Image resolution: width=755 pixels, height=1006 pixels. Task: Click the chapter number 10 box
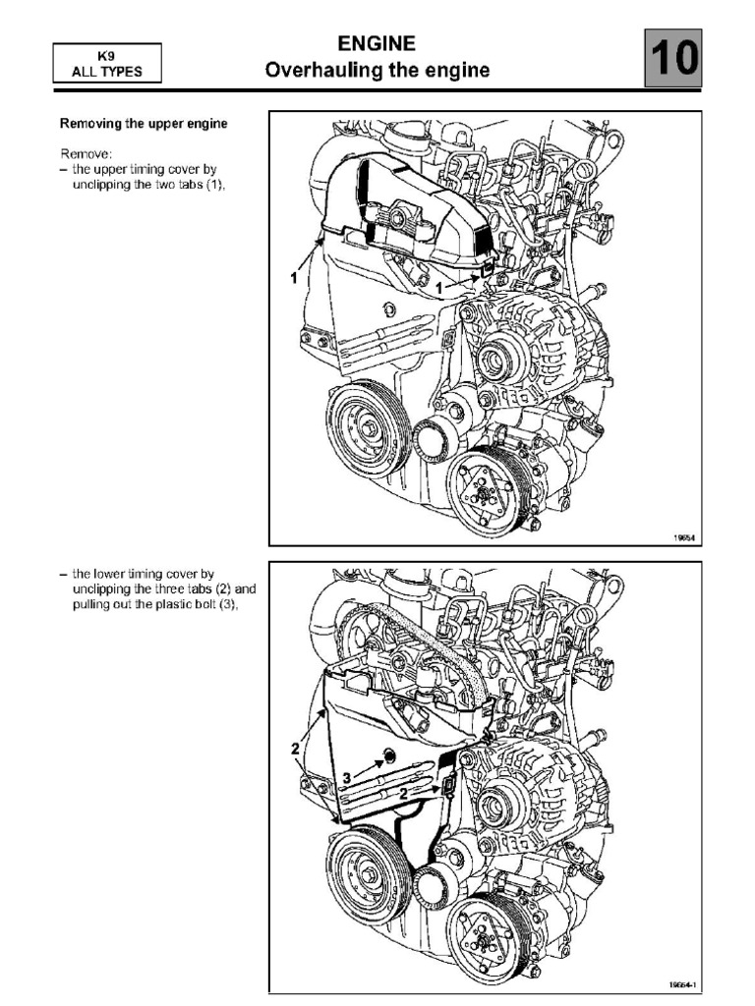(673, 59)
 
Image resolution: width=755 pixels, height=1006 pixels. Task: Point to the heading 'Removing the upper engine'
(144, 124)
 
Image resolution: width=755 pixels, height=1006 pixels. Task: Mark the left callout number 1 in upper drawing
(293, 278)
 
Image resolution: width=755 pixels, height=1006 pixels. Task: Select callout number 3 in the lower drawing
(345, 777)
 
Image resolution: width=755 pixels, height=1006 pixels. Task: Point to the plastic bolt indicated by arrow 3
(386, 756)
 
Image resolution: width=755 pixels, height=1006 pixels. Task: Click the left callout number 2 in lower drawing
(294, 750)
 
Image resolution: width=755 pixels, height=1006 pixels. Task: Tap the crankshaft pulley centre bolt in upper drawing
(367, 429)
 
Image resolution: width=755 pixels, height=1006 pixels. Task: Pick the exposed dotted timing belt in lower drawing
(433, 638)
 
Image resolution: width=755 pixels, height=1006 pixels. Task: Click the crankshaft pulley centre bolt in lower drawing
(368, 873)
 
